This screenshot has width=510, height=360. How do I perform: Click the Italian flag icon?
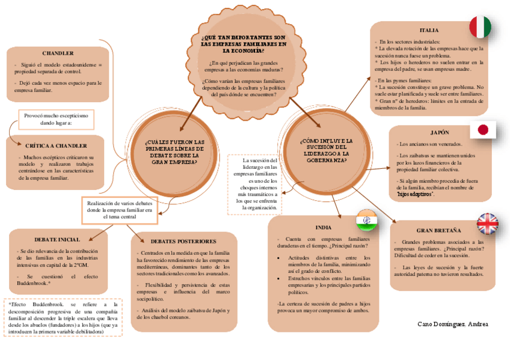pyautogui.click(x=480, y=27)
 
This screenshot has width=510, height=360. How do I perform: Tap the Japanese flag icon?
pyautogui.click(x=482, y=130)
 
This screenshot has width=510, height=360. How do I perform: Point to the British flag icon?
pyautogui.click(x=488, y=224)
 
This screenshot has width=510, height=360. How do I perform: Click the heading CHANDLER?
pyautogui.click(x=58, y=53)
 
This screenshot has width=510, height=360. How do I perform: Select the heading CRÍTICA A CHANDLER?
pyautogui.click(x=56, y=145)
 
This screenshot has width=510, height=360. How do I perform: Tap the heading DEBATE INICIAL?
pyautogui.click(x=57, y=239)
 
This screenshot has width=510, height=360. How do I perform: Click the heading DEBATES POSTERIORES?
pyautogui.click(x=183, y=241)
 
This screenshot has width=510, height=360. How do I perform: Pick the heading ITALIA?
pyautogui.click(x=429, y=30)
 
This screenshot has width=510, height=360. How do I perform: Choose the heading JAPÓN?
pyautogui.click(x=440, y=132)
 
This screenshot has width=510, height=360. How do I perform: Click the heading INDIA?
pyautogui.click(x=323, y=228)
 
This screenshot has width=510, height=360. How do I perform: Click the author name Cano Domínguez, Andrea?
pyautogui.click(x=452, y=324)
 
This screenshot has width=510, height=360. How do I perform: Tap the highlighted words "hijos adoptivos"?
pyautogui.click(x=414, y=194)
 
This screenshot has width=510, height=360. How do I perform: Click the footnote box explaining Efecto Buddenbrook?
pyautogui.click(x=63, y=318)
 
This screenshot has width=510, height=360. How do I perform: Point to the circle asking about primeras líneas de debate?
pyautogui.click(x=174, y=151)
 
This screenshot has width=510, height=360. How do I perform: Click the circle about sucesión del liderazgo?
pyautogui.click(x=325, y=150)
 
